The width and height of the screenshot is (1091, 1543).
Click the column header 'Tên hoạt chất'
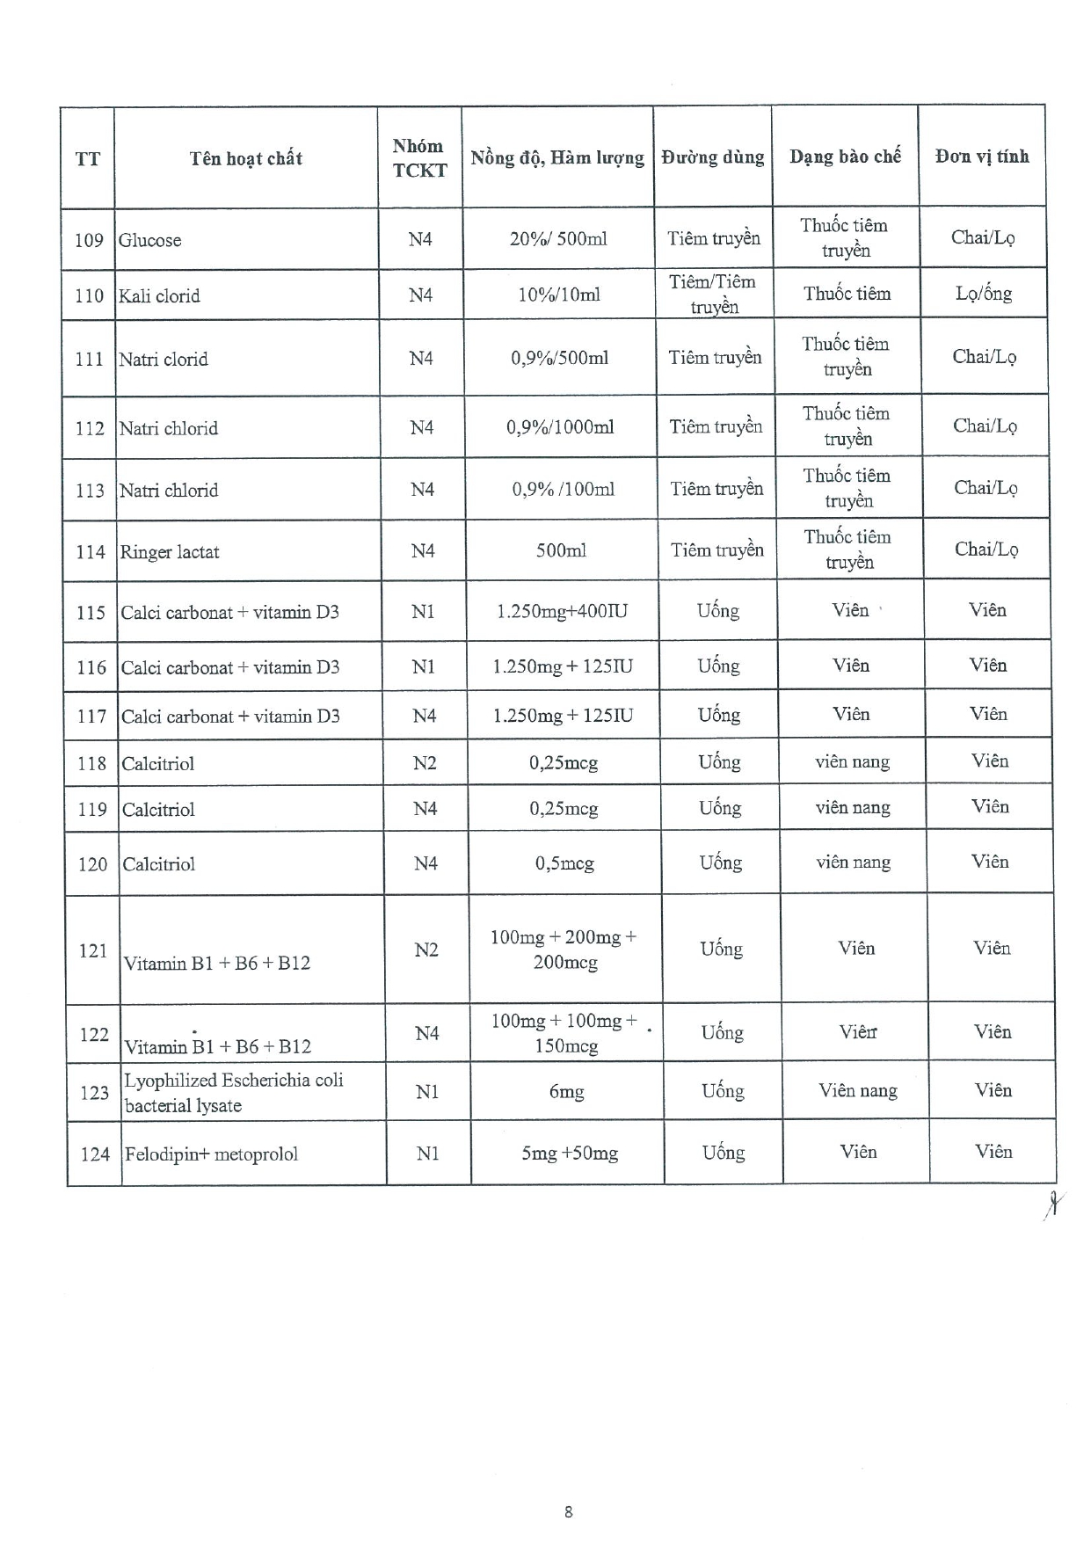(245, 158)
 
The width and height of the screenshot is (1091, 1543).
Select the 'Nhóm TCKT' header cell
(419, 158)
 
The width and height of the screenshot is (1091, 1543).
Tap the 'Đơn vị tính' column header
(982, 156)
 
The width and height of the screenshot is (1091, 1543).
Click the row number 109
(89, 240)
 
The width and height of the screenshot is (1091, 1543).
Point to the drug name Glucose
(150, 240)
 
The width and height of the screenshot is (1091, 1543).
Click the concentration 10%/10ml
(559, 295)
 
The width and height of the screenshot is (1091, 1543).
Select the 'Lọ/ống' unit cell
(984, 294)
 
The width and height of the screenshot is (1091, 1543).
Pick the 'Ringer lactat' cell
(170, 552)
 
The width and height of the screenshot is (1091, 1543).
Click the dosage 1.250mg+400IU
(563, 611)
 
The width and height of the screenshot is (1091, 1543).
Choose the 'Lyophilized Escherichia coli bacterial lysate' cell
(233, 1092)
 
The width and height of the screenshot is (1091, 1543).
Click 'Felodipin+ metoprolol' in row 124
(212, 1154)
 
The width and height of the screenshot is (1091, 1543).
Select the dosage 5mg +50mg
(570, 1153)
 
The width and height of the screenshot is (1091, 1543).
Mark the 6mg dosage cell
(567, 1091)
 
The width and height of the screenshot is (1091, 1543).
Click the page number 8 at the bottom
(569, 1511)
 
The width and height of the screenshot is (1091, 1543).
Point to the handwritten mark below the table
(1051, 1204)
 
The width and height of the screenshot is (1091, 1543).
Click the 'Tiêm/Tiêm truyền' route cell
(713, 294)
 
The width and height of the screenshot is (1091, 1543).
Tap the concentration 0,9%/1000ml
(560, 427)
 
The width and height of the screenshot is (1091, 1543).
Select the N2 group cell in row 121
(426, 950)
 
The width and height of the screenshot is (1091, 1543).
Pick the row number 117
(91, 716)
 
